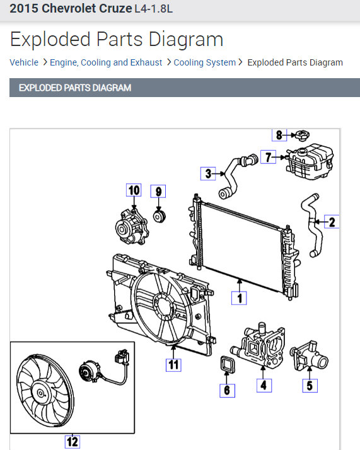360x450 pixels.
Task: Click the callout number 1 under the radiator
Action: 238,297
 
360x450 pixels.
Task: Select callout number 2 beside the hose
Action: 332,221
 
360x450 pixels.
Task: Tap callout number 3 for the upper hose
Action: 209,173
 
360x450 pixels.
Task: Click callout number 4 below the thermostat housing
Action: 264,384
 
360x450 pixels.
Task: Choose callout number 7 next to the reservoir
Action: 269,158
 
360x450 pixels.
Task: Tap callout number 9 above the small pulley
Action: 158,191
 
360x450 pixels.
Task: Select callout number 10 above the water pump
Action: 133,190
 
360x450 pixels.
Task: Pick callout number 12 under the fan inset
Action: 73,441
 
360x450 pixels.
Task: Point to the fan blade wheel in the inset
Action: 43,391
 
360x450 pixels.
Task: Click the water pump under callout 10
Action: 131,226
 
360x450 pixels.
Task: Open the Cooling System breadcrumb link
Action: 204,62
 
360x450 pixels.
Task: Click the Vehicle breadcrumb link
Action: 24,62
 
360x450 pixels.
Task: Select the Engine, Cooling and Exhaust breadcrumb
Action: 106,62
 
